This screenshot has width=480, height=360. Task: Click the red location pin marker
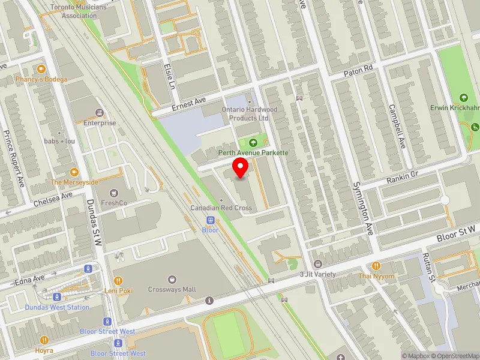[241, 169]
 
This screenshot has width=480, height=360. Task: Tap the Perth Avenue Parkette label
[253, 153]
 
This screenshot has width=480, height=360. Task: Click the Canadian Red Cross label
[221, 208]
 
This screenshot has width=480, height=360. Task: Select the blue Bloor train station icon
[211, 220]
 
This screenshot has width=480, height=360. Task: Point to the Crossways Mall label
[172, 289]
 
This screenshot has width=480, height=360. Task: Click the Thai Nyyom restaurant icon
[376, 266]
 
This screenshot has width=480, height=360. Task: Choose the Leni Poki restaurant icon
[118, 280]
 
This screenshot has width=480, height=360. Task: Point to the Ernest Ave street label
[188, 103]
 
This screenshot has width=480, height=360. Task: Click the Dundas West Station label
[57, 307]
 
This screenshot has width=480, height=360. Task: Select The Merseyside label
[74, 182]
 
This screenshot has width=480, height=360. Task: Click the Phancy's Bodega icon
[41, 69]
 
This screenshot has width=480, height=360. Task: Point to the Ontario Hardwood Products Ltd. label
[250, 114]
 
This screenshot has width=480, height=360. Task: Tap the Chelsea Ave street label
[53, 199]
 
